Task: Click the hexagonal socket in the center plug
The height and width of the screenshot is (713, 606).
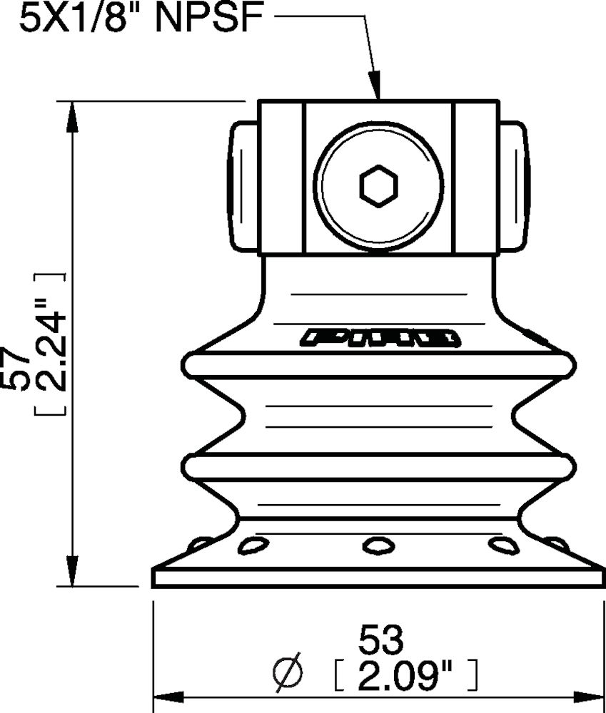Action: (x=378, y=187)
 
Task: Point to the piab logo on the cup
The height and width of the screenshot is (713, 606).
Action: (x=379, y=337)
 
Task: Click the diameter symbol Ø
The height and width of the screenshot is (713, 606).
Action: (x=288, y=674)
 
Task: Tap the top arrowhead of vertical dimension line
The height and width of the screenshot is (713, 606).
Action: (x=71, y=114)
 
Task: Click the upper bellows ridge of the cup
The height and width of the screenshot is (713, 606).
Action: (x=378, y=365)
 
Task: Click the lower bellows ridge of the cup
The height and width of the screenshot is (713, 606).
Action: (x=378, y=467)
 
